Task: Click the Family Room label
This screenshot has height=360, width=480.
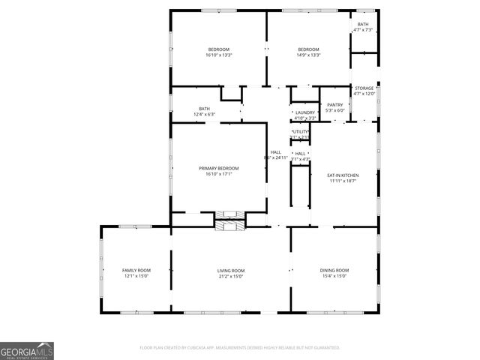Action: [x=136, y=270]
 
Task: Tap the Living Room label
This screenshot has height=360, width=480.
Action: [x=231, y=270]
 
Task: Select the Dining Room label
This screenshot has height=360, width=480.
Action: [x=335, y=270]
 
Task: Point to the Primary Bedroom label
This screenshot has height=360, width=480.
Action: [x=218, y=168]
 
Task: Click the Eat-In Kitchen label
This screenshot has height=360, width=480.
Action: [x=343, y=175]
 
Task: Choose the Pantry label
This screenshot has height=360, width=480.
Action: [x=335, y=105]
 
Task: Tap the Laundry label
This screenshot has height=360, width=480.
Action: [x=305, y=112]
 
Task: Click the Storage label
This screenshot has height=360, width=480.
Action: [x=364, y=88]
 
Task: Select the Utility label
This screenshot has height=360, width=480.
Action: [x=300, y=132]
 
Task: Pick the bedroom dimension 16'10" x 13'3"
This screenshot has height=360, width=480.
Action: [x=218, y=55]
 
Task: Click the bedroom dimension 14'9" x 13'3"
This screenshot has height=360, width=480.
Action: [x=308, y=55]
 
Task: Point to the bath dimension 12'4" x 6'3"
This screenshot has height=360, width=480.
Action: [x=205, y=115]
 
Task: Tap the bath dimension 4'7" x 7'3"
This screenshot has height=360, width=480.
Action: [x=363, y=30]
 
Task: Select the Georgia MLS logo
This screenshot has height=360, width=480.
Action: [x=27, y=351]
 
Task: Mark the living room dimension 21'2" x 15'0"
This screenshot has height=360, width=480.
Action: [x=231, y=276]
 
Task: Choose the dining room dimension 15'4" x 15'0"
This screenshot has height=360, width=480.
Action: [x=335, y=276]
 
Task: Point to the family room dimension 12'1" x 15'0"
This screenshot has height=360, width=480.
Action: [x=136, y=276]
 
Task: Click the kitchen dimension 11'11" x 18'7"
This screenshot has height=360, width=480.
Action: [x=343, y=181]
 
